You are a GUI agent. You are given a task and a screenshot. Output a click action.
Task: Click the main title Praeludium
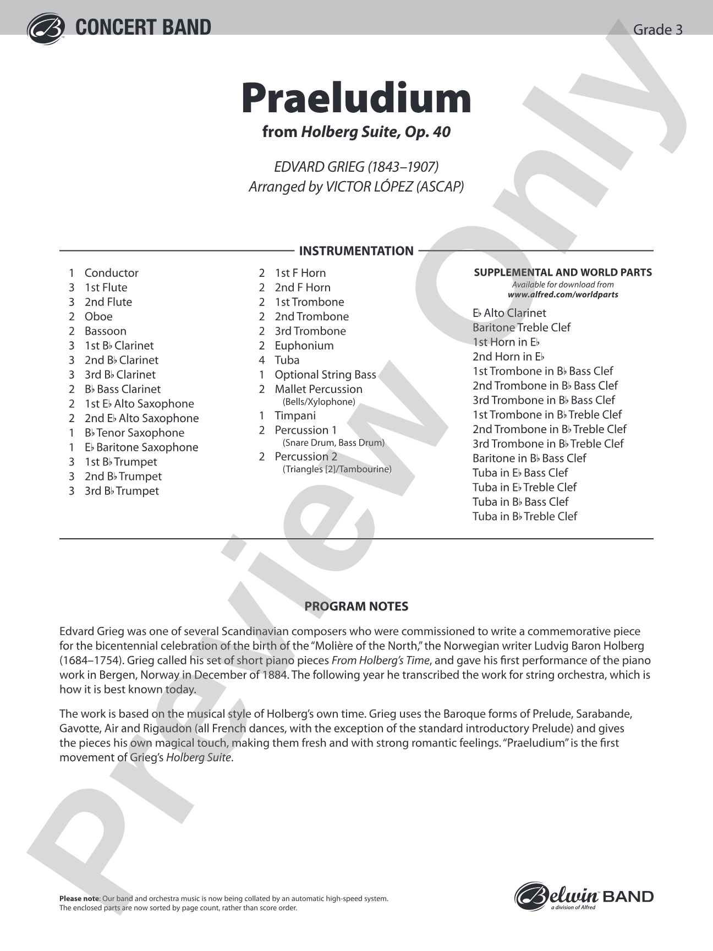point(356,98)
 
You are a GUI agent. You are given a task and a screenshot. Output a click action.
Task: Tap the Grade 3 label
point(658,30)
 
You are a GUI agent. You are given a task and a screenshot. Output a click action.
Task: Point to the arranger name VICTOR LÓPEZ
point(394,187)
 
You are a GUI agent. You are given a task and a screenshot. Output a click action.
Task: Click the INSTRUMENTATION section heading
point(356,251)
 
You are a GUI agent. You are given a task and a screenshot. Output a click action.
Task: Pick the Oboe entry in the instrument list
point(98,316)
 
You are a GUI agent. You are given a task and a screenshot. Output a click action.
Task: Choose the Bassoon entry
point(105,331)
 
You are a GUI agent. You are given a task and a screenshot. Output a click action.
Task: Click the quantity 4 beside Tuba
point(262,360)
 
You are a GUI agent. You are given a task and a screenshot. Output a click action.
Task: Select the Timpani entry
point(295,416)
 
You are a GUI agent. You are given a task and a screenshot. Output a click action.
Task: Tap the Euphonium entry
point(304,346)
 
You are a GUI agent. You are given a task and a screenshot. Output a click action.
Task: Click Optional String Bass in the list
point(325,375)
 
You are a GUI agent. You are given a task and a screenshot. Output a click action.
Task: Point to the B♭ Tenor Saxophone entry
point(134,433)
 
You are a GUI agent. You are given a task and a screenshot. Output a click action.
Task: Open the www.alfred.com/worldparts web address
point(563,294)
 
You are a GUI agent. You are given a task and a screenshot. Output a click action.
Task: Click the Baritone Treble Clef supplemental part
point(521,327)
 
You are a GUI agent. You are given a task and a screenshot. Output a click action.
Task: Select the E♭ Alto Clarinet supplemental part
point(509,313)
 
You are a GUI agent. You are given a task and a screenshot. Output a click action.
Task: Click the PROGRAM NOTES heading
point(356,606)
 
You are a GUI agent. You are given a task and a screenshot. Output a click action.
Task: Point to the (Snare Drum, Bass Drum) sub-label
point(333,442)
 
